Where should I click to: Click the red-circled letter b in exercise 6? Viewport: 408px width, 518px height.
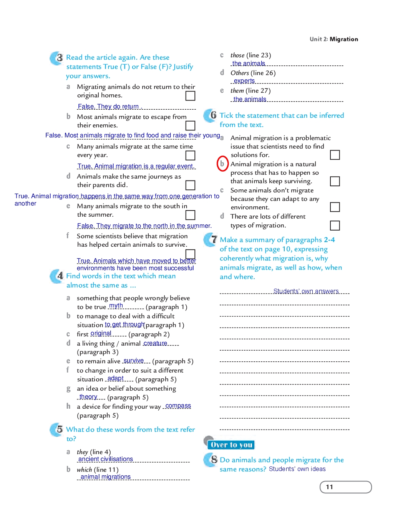(222, 164)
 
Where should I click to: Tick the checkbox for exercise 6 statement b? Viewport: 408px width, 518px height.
(335, 181)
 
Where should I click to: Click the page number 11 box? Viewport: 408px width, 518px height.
(345, 487)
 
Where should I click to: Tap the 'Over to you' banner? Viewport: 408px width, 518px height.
(231, 445)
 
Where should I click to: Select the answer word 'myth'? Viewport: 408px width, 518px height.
(116, 306)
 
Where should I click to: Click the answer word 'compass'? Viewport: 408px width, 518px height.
(178, 406)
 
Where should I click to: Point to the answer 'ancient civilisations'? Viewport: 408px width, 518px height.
(106, 459)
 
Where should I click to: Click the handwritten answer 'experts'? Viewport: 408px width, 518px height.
(244, 81)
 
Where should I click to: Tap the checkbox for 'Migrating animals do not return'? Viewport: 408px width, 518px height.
(190, 96)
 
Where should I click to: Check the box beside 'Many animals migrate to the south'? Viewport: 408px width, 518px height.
(190, 215)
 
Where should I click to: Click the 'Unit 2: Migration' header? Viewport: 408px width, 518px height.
(333, 39)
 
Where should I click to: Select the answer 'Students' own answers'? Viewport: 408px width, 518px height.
(306, 291)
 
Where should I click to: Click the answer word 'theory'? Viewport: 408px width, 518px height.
(88, 396)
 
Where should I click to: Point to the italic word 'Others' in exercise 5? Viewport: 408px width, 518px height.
(240, 73)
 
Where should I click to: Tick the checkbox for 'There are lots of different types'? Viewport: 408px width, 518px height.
(335, 225)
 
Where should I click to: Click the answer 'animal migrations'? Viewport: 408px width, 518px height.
(106, 476)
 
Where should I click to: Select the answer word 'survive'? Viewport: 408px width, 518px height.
(134, 361)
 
